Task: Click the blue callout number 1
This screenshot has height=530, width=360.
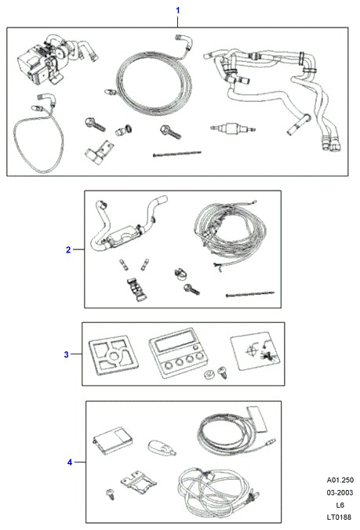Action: coord(177,10)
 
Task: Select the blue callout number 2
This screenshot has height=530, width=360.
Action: coord(68,250)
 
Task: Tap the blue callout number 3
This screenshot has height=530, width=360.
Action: coord(66,354)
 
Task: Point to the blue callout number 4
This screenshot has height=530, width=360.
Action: coord(70,462)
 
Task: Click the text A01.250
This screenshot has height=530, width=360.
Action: coord(340,480)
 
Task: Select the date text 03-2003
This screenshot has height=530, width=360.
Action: coord(340,492)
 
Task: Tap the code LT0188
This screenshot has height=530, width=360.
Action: coord(339,517)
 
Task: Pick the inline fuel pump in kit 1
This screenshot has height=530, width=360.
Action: coord(233,129)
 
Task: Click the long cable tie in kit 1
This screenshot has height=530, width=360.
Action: coord(177,154)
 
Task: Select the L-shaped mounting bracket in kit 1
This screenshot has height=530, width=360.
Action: coord(99,152)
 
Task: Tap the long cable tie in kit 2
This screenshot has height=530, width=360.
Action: coord(250,294)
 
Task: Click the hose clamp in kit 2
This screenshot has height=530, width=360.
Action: coord(180,274)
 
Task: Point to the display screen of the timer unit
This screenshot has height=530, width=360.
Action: coord(173,342)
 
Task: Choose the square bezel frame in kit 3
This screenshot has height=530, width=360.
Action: coord(114,355)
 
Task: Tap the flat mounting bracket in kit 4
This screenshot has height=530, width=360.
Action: coord(139,481)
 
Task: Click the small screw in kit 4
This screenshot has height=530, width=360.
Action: coord(111,494)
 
